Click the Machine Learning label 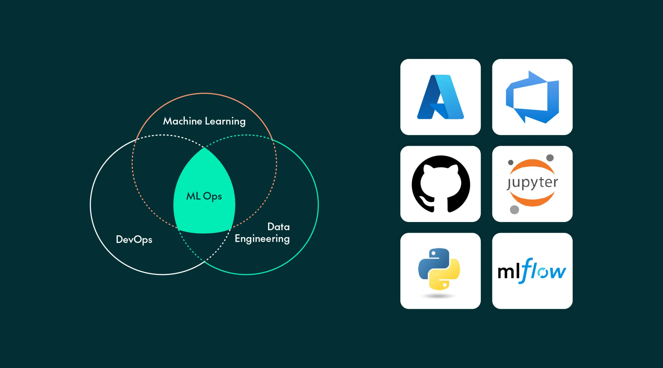pos(204,121)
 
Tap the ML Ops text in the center pos(204,196)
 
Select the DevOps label pos(134,239)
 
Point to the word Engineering pos(262,239)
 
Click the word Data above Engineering pos(278,227)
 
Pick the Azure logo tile pos(440,97)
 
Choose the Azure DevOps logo pos(532,97)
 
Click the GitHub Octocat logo pos(440,184)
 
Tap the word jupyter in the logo pos(532,183)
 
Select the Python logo pos(439,270)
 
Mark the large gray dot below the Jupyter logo pos(514,209)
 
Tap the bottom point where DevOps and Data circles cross pos(204,261)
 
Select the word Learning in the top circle pos(225,121)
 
